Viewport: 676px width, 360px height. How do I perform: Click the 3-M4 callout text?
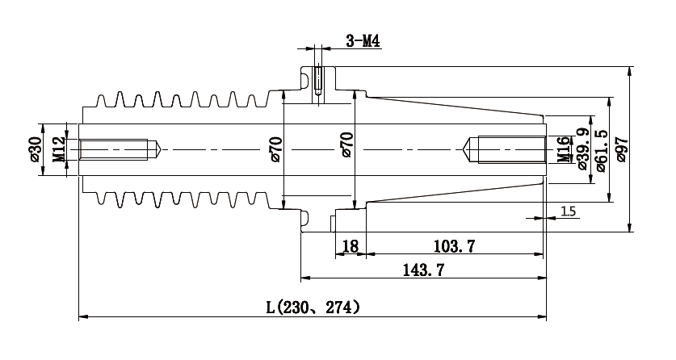coord(363,41)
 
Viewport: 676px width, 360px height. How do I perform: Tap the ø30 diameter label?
coord(35,149)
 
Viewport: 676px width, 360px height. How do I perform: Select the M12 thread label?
coord(60,149)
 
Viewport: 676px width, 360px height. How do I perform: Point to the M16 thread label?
coord(563,149)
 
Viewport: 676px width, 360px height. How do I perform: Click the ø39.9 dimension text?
coord(582,149)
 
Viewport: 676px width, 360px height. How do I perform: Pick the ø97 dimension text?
coord(621,149)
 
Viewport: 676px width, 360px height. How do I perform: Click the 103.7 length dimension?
coord(454,246)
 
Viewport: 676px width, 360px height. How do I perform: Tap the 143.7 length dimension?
coord(423,270)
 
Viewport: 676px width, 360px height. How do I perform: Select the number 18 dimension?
coord(350,246)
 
